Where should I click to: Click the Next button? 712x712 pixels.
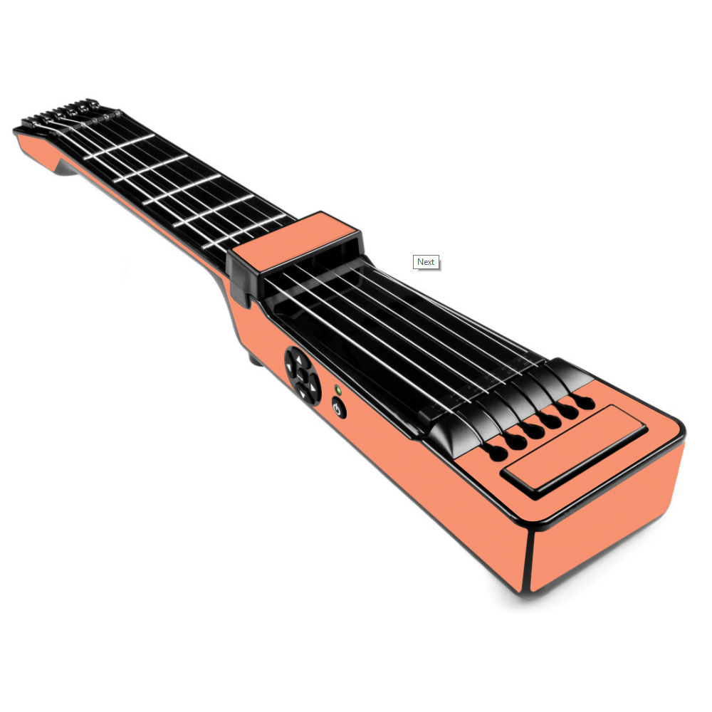[x=426, y=262]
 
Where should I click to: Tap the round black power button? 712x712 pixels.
[x=338, y=408]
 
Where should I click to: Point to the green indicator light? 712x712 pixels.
[x=337, y=389]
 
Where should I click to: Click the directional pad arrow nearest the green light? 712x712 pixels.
[x=313, y=388]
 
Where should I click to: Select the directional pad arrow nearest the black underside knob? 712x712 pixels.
[x=289, y=366]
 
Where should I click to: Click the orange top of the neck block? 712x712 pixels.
[x=293, y=241]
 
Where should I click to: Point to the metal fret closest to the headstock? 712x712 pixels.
[x=119, y=147]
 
